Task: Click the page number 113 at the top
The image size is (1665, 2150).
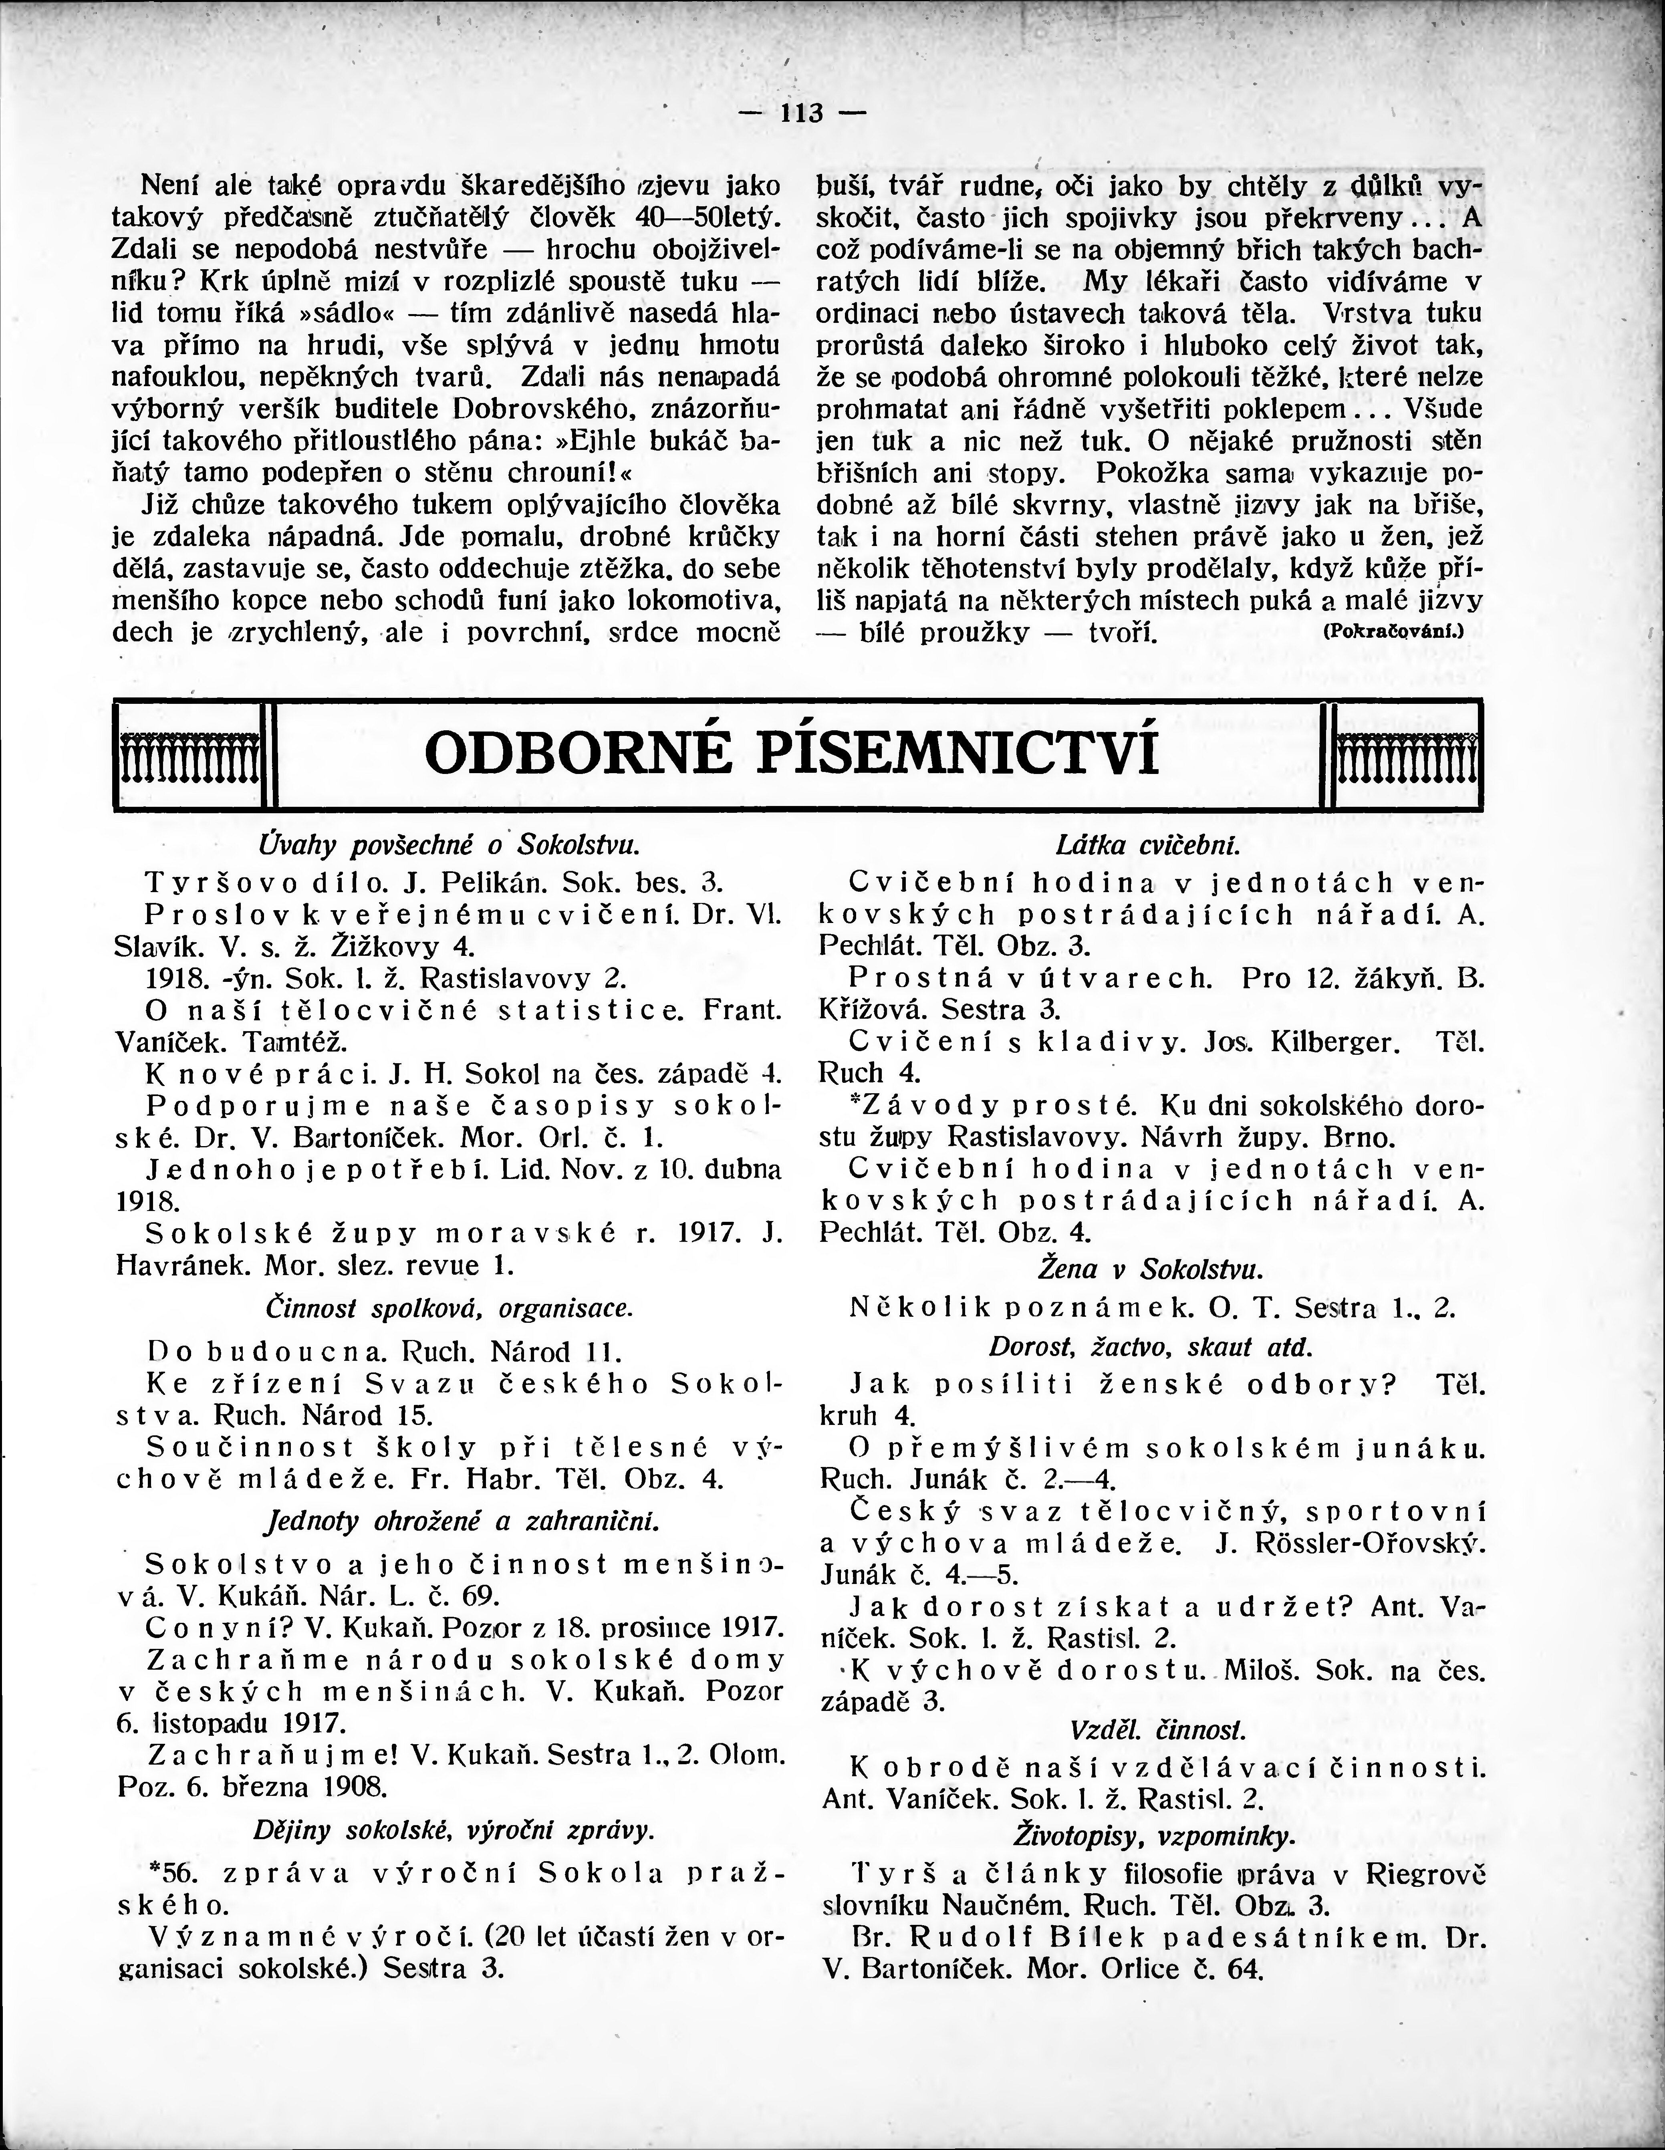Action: point(802,113)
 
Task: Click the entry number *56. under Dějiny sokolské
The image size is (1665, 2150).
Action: point(169,1873)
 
